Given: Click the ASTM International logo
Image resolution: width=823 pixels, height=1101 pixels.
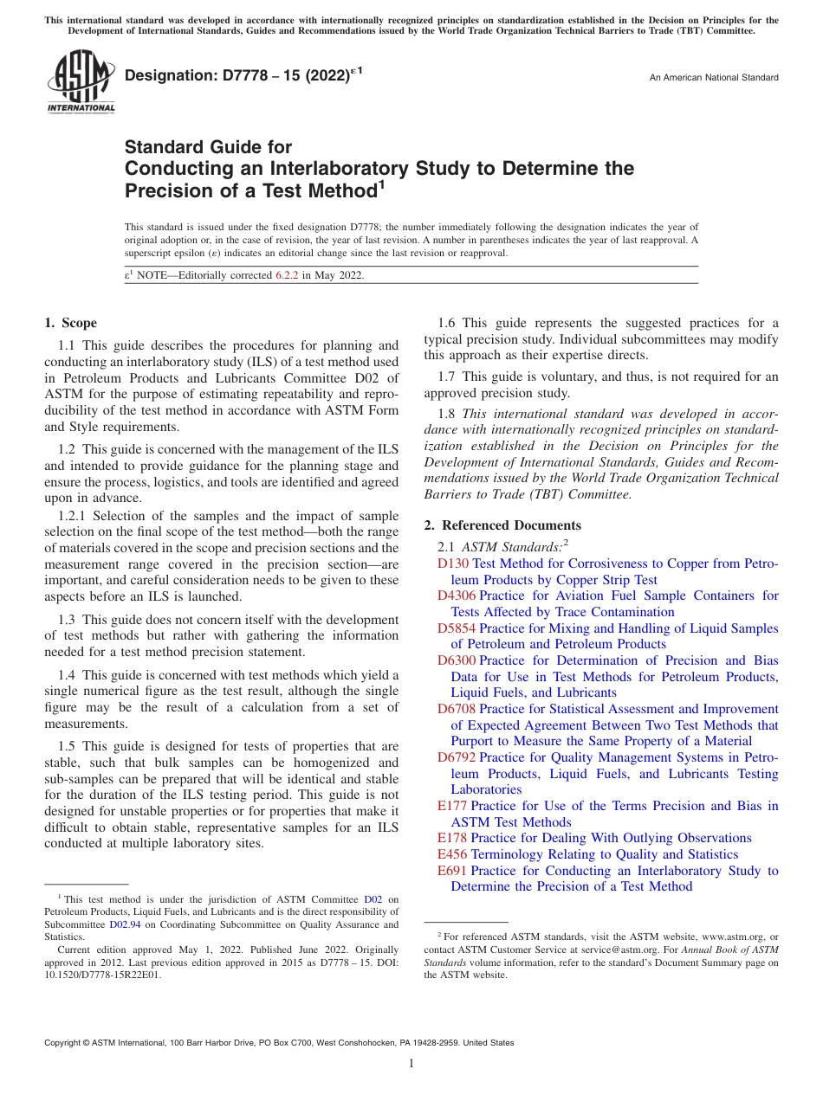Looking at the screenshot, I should point(80,83).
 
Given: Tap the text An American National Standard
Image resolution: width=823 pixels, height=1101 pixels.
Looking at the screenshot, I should point(714,78).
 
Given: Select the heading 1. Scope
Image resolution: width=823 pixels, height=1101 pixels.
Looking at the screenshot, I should point(71,323).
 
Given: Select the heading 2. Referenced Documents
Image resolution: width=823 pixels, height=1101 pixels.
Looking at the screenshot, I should point(502,525).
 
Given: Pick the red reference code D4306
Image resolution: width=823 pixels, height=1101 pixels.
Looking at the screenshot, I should point(457,596).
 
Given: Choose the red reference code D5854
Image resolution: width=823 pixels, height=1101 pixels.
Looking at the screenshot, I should point(457,628).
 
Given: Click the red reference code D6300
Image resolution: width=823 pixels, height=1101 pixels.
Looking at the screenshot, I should point(457,660).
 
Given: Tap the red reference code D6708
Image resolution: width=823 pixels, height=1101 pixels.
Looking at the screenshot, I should point(457,709).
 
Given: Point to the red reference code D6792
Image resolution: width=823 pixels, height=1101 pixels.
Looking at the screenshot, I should point(457,757).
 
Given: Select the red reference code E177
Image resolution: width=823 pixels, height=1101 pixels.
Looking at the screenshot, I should point(452,806).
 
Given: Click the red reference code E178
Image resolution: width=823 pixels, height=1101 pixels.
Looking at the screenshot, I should point(452,838).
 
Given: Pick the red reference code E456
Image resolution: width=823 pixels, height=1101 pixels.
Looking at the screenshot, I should point(452,854).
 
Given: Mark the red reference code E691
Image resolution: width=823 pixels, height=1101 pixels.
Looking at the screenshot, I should point(452,871).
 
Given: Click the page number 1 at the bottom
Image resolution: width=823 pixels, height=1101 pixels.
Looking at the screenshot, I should point(411,1064).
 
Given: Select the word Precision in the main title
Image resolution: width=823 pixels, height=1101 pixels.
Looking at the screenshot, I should point(167,190).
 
